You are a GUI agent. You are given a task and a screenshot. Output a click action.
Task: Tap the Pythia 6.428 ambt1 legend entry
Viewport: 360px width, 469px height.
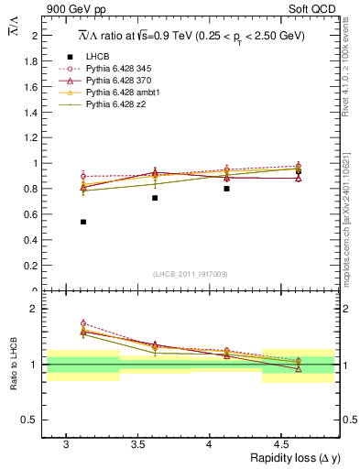[118, 93]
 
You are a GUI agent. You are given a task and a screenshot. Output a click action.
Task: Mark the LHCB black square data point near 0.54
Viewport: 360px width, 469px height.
[83, 222]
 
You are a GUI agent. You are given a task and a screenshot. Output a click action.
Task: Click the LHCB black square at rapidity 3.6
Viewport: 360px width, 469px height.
[155, 198]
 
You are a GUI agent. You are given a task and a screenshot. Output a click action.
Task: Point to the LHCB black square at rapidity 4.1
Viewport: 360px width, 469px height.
[226, 189]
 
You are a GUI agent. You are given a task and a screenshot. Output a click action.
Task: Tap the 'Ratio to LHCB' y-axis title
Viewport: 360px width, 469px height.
[13, 366]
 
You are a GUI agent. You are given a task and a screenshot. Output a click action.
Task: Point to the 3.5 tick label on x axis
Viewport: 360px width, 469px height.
[137, 443]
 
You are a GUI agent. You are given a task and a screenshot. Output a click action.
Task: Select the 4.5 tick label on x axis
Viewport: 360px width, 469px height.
[281, 443]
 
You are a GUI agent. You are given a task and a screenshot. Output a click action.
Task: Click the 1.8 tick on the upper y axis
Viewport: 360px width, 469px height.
[33, 61]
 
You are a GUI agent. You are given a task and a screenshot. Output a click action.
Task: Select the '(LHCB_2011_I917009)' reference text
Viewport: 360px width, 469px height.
[190, 273]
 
